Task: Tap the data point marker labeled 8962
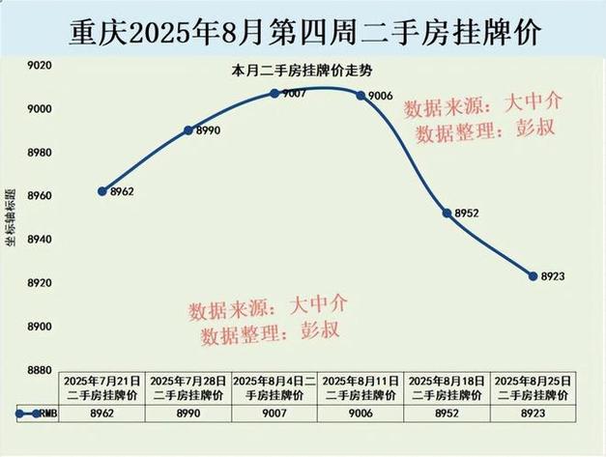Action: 102,190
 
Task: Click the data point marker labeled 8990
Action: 188,129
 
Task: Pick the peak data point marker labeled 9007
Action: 274,93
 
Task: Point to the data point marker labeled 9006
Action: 360,95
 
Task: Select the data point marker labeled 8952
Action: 447,213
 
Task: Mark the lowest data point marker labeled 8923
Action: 533,275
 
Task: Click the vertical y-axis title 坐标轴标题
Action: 11,218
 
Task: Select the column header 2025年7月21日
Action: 101,388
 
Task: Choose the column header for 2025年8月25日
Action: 533,388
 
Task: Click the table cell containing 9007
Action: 274,413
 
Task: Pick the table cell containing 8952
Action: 447,413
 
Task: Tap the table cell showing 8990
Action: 188,413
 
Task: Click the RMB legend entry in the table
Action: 37,413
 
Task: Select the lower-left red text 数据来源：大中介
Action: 268,308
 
